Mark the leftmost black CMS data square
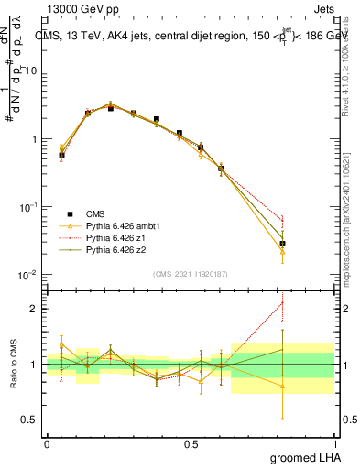coord(61,156)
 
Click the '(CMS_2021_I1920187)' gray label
coord(191,274)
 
